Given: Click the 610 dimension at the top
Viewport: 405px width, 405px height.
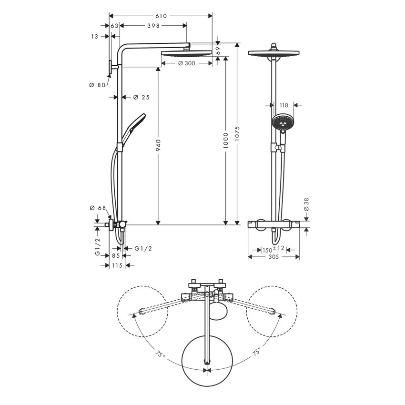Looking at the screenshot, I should click(161, 16).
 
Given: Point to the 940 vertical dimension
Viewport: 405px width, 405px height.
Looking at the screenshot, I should click(159, 145).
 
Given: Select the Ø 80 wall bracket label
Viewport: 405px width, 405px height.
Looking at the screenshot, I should click(97, 85).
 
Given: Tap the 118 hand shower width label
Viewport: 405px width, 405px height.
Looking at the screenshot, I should click(284, 105).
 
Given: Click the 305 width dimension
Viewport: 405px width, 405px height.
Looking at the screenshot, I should click(273, 257).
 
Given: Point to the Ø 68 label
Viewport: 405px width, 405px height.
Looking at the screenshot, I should click(98, 208).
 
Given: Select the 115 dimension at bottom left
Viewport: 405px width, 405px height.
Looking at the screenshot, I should click(117, 265).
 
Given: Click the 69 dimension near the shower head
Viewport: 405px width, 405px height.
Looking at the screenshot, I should click(219, 49).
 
